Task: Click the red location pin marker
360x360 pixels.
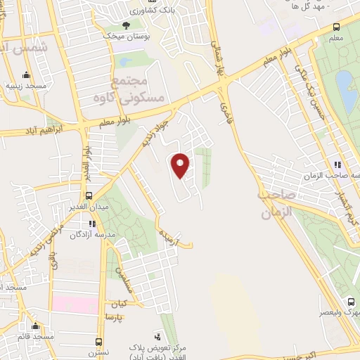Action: click(181, 165)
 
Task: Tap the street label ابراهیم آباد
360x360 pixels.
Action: click(50, 129)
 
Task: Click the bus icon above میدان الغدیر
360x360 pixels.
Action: click(89, 195)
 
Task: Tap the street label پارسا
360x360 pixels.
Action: click(113, 317)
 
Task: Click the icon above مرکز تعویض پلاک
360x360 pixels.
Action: click(163, 337)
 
